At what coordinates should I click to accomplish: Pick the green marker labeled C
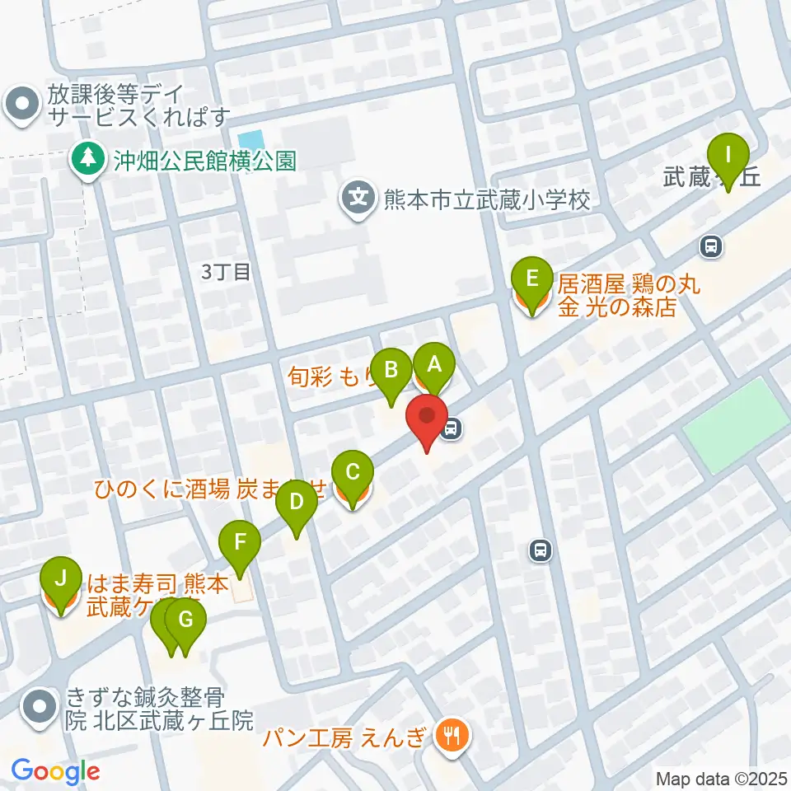pyautogui.click(x=352, y=475)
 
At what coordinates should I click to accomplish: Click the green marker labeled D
pyautogui.click(x=297, y=503)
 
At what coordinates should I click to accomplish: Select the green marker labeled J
pyautogui.click(x=59, y=580)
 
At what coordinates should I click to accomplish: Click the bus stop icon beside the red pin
pyautogui.click(x=452, y=428)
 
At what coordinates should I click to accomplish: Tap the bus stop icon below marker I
pyautogui.click(x=710, y=245)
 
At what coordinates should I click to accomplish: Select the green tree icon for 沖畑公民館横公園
pyautogui.click(x=87, y=159)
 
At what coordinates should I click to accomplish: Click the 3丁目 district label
pyautogui.click(x=226, y=272)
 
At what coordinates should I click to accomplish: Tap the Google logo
pyautogui.click(x=56, y=771)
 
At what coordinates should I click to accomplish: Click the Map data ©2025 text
pyautogui.click(x=721, y=778)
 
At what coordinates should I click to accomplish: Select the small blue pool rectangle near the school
pyautogui.click(x=250, y=141)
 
